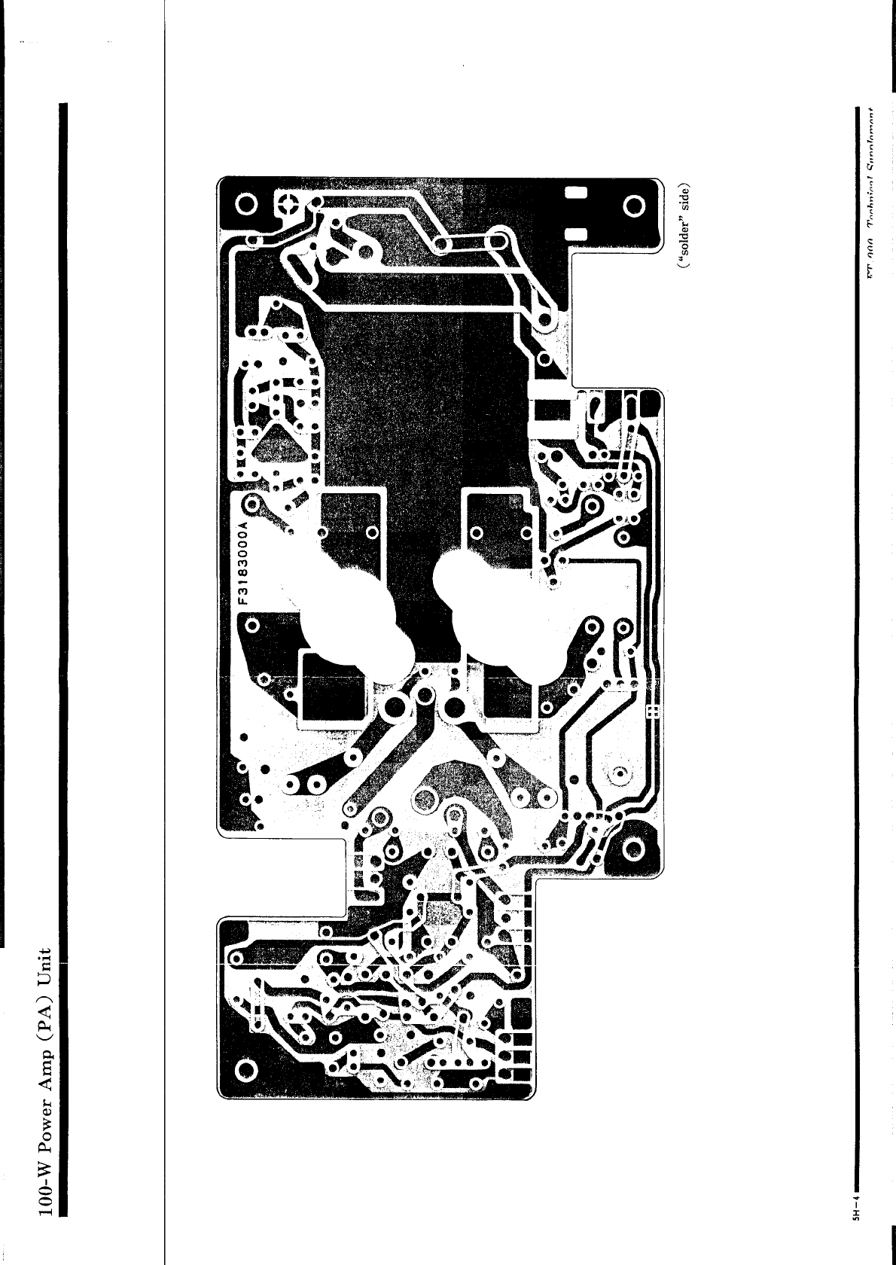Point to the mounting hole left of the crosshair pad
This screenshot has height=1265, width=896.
[245, 205]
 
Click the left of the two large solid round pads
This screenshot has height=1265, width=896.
[394, 707]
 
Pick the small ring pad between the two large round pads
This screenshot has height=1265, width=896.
[423, 693]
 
